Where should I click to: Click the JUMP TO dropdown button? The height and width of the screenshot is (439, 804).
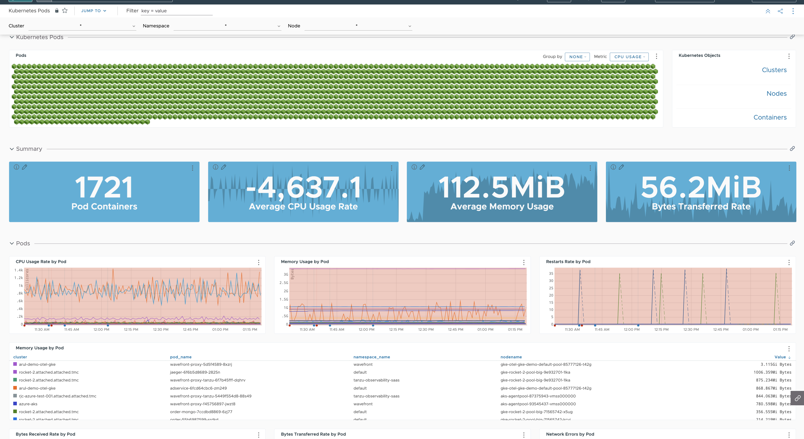(x=94, y=11)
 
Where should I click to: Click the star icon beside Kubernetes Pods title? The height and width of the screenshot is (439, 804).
(x=65, y=11)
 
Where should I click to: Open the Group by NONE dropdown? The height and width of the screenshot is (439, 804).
(x=577, y=57)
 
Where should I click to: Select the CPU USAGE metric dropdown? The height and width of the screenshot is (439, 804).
(x=629, y=57)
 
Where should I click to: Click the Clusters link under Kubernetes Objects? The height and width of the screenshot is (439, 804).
(x=774, y=70)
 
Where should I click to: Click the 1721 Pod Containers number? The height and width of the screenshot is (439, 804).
(x=104, y=187)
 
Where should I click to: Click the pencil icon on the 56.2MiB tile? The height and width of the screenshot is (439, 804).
(x=621, y=167)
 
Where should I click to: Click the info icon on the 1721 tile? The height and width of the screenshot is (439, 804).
(x=17, y=167)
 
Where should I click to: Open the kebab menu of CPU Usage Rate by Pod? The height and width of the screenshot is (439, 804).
(x=258, y=262)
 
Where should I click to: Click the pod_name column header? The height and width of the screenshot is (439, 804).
(x=181, y=357)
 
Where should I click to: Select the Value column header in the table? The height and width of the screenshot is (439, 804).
(x=780, y=357)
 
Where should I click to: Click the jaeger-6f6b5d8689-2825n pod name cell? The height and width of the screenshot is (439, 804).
(x=195, y=372)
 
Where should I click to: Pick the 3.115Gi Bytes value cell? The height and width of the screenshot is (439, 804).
(x=776, y=364)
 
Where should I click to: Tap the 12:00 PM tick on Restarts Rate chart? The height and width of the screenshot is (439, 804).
(x=631, y=329)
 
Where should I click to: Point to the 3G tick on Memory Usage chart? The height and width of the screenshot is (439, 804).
(x=286, y=275)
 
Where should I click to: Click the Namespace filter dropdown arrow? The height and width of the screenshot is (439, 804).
(x=279, y=26)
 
